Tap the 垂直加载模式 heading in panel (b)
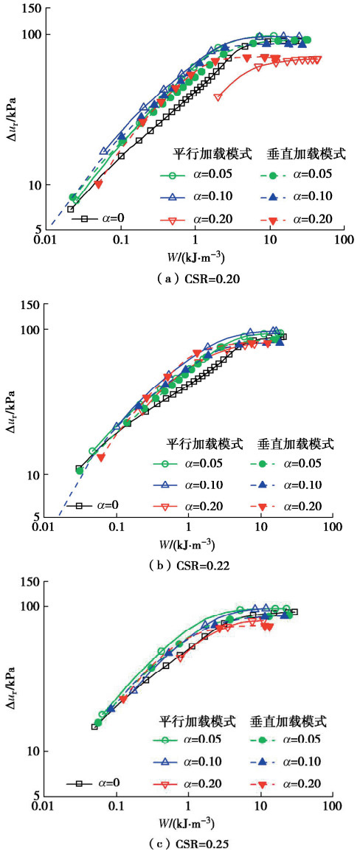(296, 444)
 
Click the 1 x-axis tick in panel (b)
(189, 530)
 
